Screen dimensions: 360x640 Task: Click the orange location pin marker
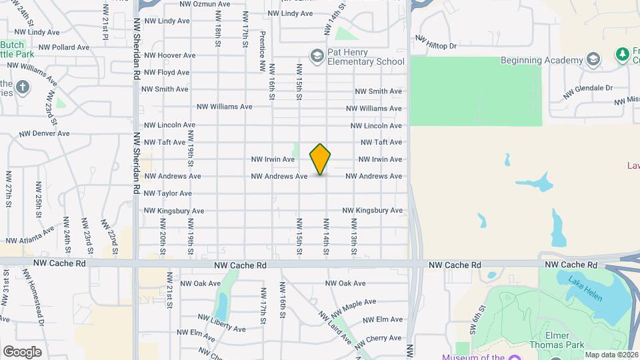[320, 159]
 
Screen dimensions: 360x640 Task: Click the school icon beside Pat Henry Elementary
[317, 55]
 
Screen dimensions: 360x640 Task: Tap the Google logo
[22, 351]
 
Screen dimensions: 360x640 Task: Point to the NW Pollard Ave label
[64, 47]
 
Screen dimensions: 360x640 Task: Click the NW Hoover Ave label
[170, 55]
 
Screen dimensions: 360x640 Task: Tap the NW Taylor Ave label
[168, 193]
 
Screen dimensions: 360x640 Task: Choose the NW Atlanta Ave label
[31, 235]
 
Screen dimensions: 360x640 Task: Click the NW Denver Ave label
[45, 133]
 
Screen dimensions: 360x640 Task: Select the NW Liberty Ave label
[222, 324]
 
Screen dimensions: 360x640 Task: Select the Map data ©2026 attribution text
[612, 355]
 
